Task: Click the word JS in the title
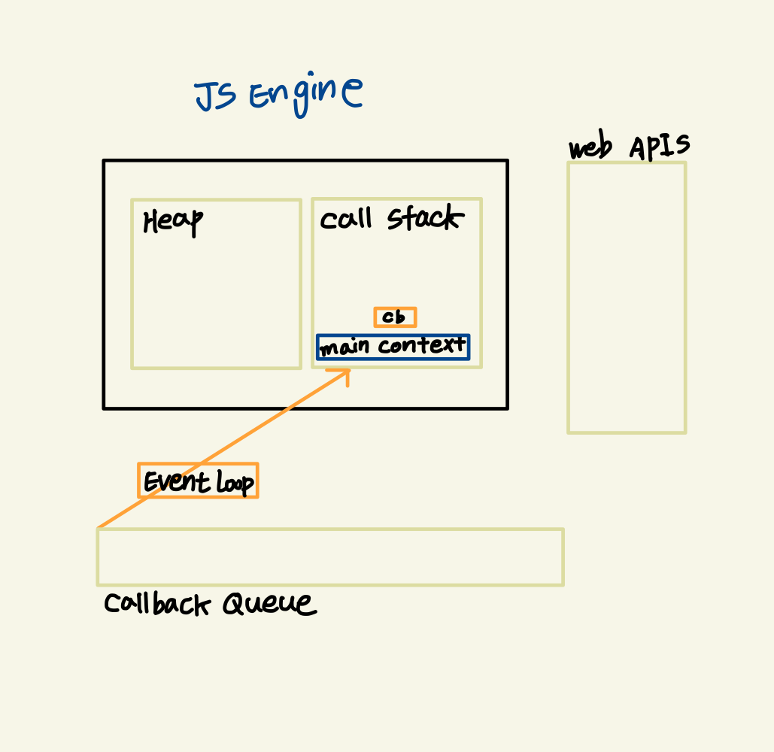216,96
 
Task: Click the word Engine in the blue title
306,94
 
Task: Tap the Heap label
173,222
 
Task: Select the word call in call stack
345,219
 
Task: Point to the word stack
426,217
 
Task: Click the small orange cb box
395,317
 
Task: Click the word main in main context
345,347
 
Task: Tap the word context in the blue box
422,345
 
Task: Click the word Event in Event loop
177,481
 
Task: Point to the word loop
235,482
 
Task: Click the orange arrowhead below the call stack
347,371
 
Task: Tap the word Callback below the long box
157,604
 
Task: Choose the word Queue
269,603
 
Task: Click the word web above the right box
590,146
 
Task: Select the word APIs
660,146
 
